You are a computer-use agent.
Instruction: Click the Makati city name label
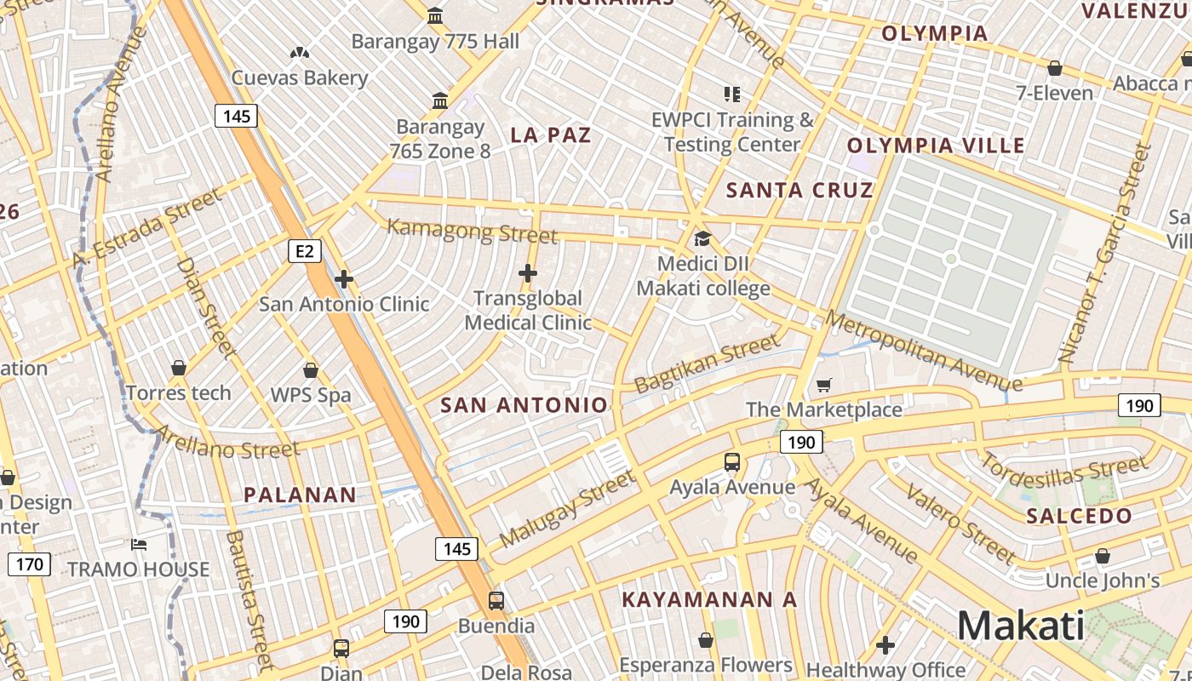(x=1021, y=627)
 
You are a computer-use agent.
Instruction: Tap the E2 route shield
(x=305, y=251)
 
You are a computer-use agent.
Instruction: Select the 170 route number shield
(x=30, y=564)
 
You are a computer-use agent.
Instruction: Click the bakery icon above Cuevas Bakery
(x=299, y=53)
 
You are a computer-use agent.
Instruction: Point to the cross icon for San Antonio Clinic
(x=344, y=279)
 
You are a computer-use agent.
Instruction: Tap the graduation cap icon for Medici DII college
(x=702, y=238)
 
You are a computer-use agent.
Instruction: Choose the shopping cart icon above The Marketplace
(x=823, y=386)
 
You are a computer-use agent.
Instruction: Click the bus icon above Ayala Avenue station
(x=731, y=463)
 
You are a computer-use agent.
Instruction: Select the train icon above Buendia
(x=496, y=601)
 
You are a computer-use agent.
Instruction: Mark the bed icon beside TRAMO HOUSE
(x=139, y=545)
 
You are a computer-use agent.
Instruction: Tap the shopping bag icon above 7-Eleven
(x=1055, y=68)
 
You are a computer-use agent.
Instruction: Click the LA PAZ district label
(x=551, y=134)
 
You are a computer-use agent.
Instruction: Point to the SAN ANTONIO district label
(x=524, y=405)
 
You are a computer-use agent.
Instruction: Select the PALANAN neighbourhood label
(x=300, y=495)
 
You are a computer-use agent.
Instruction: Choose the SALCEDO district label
(x=1079, y=516)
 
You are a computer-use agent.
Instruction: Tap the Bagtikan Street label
(x=707, y=363)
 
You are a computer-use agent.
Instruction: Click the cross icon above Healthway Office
(x=885, y=645)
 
